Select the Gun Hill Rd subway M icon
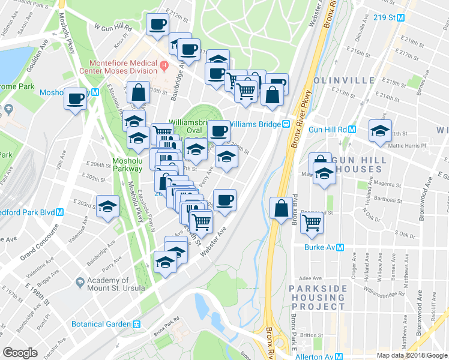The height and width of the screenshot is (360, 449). pyautogui.click(x=352, y=129)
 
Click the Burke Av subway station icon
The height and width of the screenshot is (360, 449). pyautogui.click(x=340, y=247)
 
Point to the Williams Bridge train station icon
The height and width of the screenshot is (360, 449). pyautogui.click(x=287, y=124)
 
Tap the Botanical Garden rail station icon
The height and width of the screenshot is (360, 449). pyautogui.click(x=137, y=324)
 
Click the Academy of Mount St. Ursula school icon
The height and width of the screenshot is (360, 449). pyautogui.click(x=80, y=281)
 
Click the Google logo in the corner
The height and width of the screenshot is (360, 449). pyautogui.click(x=20, y=352)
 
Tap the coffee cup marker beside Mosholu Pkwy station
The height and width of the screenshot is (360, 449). pyautogui.click(x=76, y=98)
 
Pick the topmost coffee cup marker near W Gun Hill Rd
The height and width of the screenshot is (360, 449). pyautogui.click(x=158, y=25)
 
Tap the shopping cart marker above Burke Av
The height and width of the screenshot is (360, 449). pyautogui.click(x=312, y=221)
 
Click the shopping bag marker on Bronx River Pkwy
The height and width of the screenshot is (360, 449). pyautogui.click(x=281, y=208)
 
